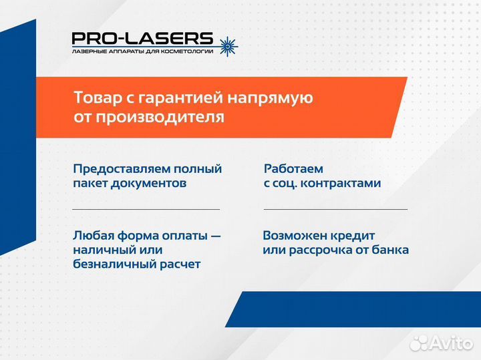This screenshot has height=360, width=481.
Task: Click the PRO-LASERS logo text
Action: point(142,39)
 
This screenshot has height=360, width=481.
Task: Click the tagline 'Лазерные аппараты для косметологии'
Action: point(142,51)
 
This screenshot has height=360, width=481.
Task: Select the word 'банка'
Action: point(391,250)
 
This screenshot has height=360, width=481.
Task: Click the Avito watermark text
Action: point(452,343)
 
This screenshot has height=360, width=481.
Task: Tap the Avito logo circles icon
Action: point(419,343)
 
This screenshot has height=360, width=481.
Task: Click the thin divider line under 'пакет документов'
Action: point(146,209)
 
